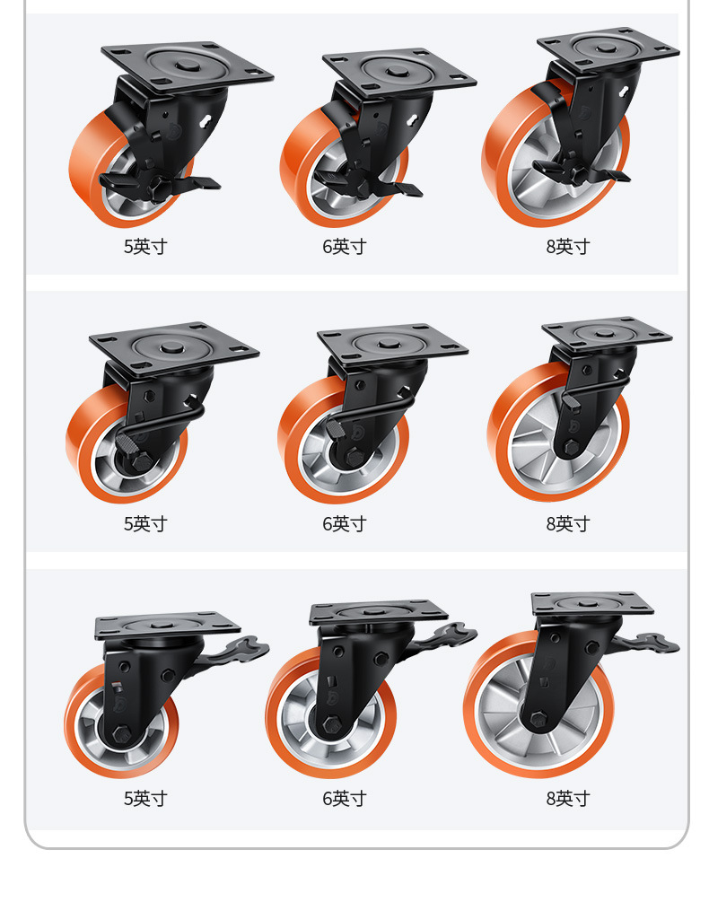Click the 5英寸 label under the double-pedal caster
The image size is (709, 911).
(145, 246)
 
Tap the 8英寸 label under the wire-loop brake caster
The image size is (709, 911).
(568, 523)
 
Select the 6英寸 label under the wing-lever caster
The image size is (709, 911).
(345, 798)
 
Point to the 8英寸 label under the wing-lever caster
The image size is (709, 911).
(568, 798)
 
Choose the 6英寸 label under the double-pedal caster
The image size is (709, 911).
(345, 246)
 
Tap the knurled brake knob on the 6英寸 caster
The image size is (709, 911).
(335, 429)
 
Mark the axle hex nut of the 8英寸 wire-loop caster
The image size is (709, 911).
(570, 447)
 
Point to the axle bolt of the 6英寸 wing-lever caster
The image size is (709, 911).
(332, 724)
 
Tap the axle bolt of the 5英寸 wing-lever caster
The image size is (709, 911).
(121, 734)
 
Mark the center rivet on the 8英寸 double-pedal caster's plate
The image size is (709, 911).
(606, 48)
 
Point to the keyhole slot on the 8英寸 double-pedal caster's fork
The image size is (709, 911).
(623, 92)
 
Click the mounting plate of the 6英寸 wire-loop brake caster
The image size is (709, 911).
(393, 343)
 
